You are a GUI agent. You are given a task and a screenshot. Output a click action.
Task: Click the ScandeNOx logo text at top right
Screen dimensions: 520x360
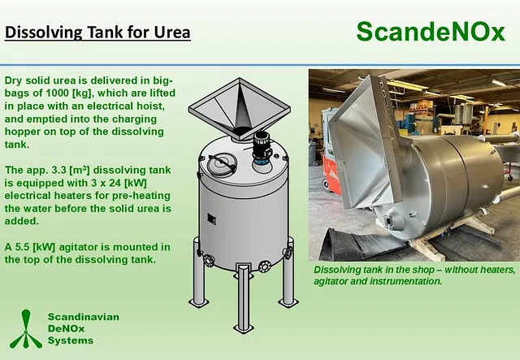tap(431, 32)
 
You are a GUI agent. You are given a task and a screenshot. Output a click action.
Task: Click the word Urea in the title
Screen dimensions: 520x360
tap(172, 33)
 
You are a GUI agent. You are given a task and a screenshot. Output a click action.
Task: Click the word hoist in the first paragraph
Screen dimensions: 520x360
tap(151, 106)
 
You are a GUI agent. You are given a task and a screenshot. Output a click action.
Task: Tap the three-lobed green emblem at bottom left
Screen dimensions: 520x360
tap(26, 329)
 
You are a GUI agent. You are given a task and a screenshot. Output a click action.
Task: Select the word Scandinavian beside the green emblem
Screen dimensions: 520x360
tap(84, 317)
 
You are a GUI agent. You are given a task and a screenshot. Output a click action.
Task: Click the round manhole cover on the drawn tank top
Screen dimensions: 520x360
tap(222, 163)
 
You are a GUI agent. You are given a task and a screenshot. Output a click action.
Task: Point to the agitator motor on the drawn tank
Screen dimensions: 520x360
tap(262, 149)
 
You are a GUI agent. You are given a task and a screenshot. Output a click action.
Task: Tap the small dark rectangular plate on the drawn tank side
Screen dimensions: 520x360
tap(211, 219)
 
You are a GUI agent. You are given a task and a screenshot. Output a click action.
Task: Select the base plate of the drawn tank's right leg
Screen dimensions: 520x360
tap(288, 302)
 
